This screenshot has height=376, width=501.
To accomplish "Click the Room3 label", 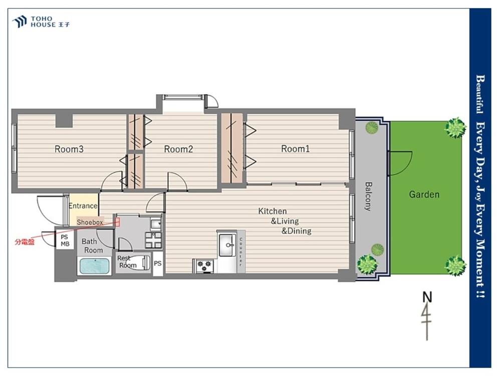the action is click(x=69, y=149).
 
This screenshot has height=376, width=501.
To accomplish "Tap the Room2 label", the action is click(x=178, y=149).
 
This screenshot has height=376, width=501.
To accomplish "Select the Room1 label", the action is click(x=295, y=149).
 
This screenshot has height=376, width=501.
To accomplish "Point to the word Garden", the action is click(x=424, y=195).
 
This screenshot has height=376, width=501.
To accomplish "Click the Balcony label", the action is click(x=368, y=197).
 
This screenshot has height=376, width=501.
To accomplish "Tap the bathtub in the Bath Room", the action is click(x=95, y=266).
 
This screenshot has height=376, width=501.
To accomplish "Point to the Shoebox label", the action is click(x=90, y=222).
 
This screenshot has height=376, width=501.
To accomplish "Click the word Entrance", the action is click(x=83, y=206).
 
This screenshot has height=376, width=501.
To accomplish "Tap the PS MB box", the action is click(x=65, y=241).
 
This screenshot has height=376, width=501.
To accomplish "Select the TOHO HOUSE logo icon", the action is click(x=20, y=22).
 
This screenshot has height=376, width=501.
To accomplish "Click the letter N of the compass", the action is click(x=427, y=297).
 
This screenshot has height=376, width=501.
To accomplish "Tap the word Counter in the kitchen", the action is click(x=241, y=252).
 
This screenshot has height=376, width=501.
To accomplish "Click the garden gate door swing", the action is click(x=400, y=163).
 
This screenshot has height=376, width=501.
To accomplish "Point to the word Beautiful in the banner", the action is click(x=479, y=94).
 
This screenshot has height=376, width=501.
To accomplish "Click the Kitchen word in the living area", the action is click(x=272, y=211).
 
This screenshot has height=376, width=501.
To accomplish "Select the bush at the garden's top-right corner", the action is click(x=455, y=127).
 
